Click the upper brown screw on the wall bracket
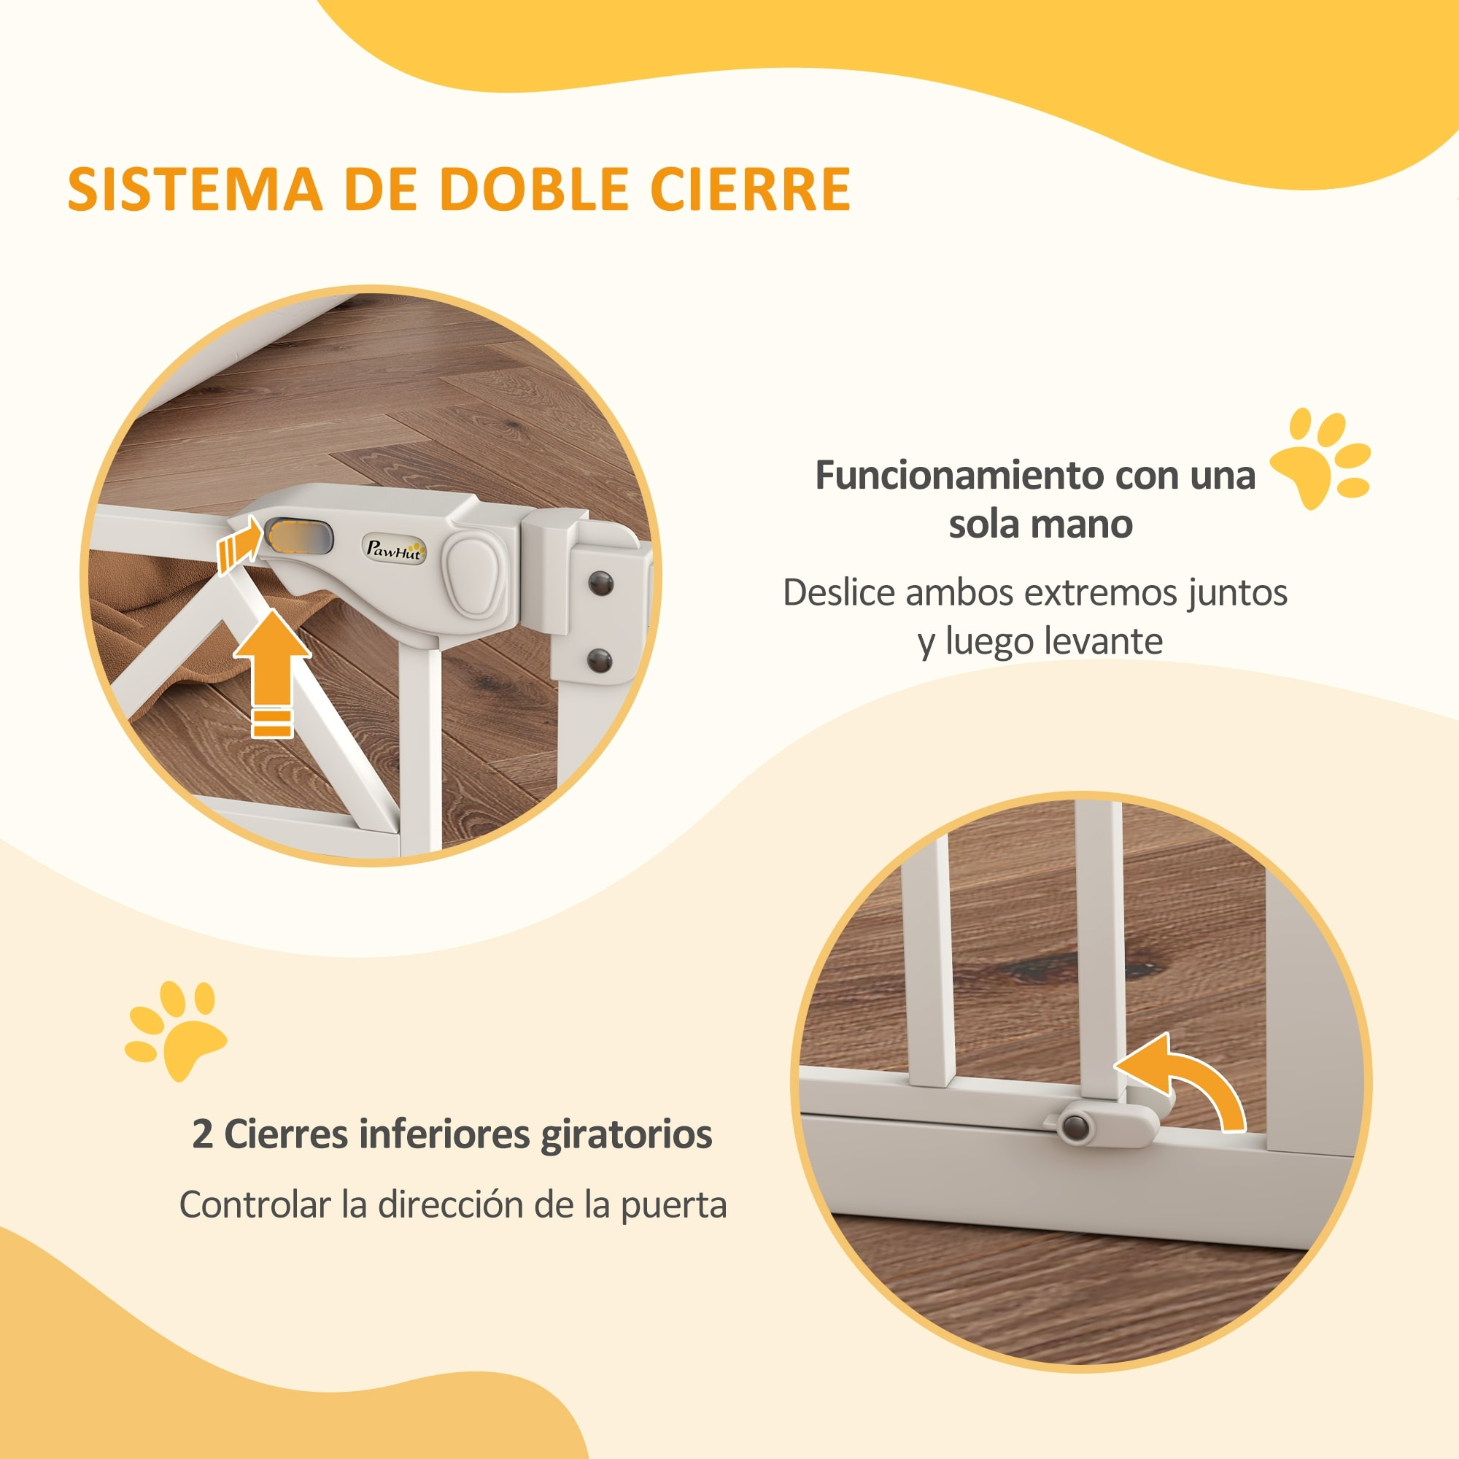(601, 583)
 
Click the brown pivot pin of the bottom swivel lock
(1075, 1129)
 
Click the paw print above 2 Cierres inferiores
(175, 1028)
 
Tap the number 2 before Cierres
(202, 1134)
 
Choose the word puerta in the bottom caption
(673, 1204)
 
